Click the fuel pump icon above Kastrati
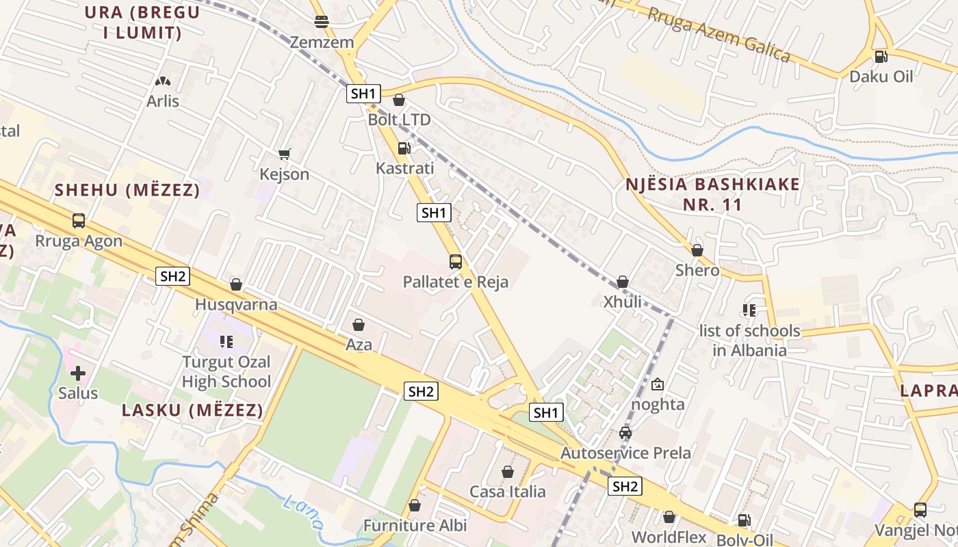coord(404,148)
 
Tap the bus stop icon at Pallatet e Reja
coord(455,261)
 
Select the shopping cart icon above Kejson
coord(285,154)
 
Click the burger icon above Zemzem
coord(322,21)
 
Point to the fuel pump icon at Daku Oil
coord(881,56)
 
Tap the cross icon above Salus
coord(78,373)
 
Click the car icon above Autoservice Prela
coord(625,432)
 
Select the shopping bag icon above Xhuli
coord(623,282)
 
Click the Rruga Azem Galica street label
coord(718,34)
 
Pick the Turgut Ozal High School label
coord(226,372)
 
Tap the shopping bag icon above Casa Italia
coord(508,472)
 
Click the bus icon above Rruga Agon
coord(79,221)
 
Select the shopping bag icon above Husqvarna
coord(236,284)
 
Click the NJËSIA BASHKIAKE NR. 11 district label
coord(712,194)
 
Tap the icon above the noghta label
coord(658,384)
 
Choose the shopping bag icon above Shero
coord(697,250)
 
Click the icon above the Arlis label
coord(162,81)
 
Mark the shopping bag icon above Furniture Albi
coord(415,505)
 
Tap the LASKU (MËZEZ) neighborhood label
coord(192,410)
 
